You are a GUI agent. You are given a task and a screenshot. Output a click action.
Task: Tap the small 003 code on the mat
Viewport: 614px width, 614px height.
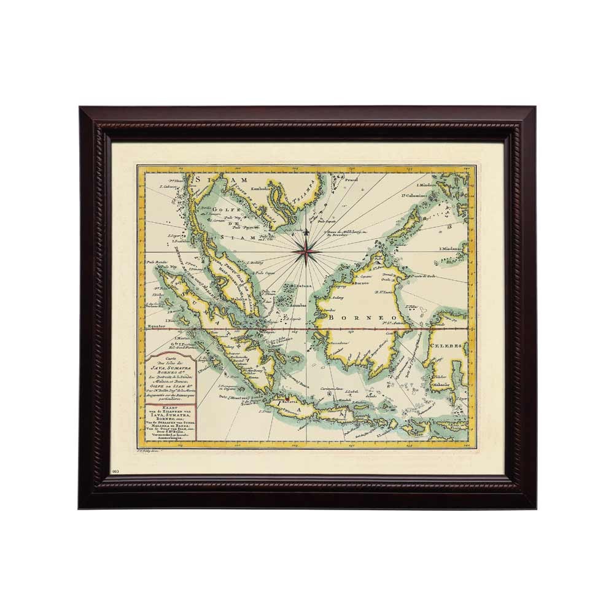click(116, 470)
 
